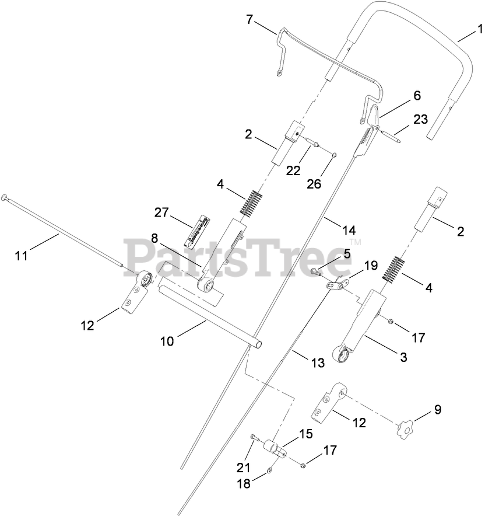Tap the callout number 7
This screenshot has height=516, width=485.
(250, 20)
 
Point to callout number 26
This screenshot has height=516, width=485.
(314, 183)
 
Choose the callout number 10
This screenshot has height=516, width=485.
(167, 341)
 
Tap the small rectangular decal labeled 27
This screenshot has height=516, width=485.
(196, 231)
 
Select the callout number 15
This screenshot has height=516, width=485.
(305, 434)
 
